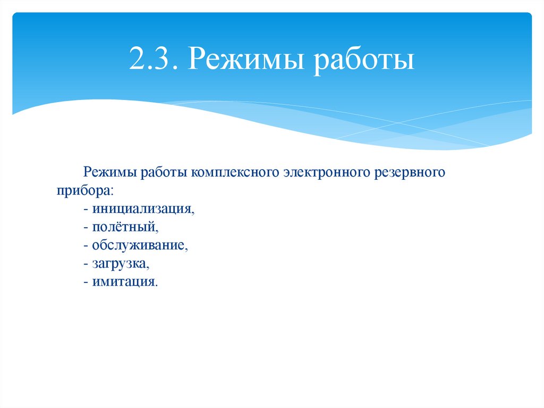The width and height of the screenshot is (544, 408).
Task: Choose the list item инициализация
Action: pos(143,209)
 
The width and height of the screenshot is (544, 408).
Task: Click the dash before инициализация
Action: pos(86,209)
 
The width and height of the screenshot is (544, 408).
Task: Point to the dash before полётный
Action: pos(86,227)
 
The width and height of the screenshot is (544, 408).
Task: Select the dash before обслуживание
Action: pos(86,245)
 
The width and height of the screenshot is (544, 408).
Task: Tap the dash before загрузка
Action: pos(86,263)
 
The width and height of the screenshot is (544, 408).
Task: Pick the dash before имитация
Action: pos(86,281)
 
